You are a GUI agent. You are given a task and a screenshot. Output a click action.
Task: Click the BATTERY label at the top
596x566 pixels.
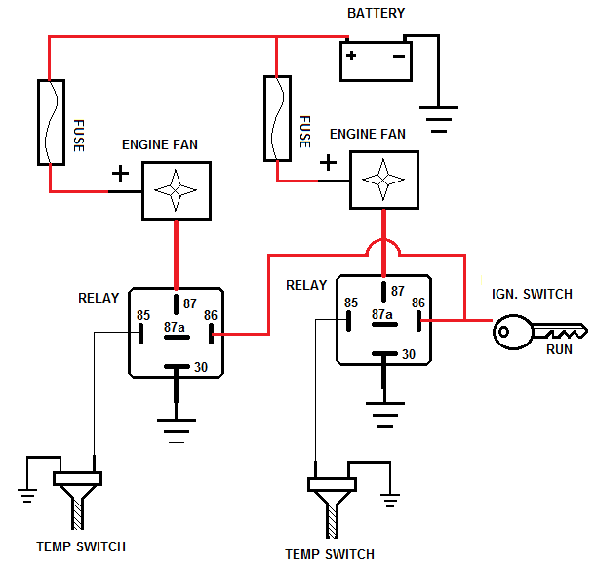(x=376, y=13)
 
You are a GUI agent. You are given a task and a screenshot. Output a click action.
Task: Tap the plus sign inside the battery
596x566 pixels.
(x=351, y=56)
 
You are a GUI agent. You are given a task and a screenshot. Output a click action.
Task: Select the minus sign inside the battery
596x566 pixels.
(x=399, y=57)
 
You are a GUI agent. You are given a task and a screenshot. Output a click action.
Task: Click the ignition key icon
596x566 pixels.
(x=539, y=332)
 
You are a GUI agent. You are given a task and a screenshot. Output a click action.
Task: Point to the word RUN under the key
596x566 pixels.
(x=559, y=349)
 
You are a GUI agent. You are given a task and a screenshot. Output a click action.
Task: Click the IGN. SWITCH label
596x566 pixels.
(x=532, y=294)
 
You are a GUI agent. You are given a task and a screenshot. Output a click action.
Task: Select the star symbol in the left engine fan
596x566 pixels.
(x=176, y=190)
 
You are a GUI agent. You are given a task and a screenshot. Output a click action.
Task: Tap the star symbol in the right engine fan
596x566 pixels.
(x=383, y=180)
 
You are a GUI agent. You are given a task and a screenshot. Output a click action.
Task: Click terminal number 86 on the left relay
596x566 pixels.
(x=210, y=315)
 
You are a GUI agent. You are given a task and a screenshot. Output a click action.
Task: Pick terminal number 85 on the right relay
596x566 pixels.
(x=351, y=303)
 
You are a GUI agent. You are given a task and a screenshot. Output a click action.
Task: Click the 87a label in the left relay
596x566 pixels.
(x=174, y=327)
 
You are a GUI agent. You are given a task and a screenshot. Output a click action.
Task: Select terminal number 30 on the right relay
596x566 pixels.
(x=409, y=354)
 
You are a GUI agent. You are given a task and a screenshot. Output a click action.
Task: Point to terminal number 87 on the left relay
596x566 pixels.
(x=189, y=303)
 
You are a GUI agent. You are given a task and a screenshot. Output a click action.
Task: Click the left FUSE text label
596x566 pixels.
(x=79, y=136)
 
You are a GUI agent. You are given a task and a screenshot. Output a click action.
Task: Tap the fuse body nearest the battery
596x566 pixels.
(x=277, y=118)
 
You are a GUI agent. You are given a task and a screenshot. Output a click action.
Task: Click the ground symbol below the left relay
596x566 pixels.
(x=177, y=431)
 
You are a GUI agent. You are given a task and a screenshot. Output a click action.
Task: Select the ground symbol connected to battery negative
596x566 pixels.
(x=439, y=119)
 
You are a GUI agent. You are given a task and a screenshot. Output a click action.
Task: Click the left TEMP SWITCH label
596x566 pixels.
(x=81, y=546)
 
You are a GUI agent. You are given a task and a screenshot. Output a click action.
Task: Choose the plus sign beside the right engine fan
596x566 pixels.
(x=328, y=163)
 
